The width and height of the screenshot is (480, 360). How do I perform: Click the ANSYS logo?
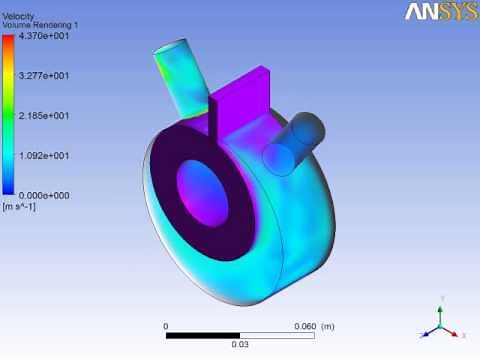[442, 12]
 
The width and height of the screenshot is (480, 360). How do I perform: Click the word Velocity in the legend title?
[18, 16]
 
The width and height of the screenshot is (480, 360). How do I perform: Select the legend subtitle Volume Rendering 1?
[40, 25]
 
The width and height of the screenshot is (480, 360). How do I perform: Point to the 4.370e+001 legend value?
[44, 36]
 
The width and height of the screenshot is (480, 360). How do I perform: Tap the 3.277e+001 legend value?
[44, 76]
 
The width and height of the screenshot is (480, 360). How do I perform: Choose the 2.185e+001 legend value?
[44, 116]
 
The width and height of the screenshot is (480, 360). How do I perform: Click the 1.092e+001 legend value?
[44, 156]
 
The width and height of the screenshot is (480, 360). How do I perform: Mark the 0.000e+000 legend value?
[44, 195]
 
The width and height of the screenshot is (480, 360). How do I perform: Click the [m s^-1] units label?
[19, 207]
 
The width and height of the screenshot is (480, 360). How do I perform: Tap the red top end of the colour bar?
[8, 38]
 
